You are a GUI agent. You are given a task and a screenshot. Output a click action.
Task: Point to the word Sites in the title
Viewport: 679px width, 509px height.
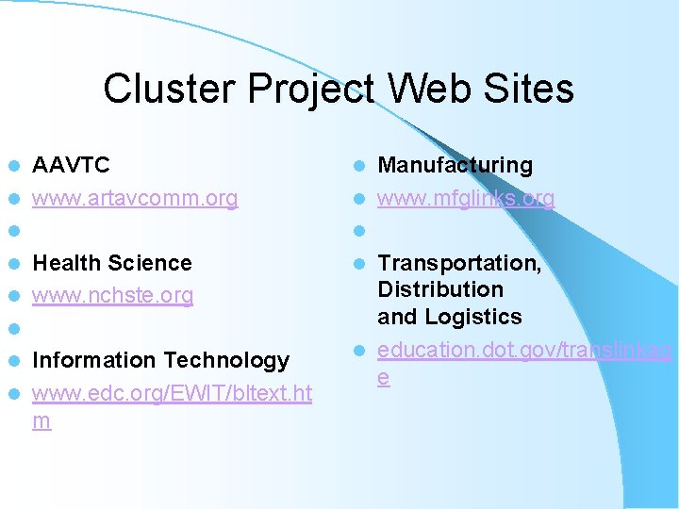pos(527,90)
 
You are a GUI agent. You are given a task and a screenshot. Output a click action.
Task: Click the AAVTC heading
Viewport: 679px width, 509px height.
pos(71,166)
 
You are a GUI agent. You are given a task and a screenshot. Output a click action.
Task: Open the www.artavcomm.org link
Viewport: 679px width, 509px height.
pos(134,199)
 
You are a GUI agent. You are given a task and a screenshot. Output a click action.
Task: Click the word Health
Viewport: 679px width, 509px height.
pos(67,263)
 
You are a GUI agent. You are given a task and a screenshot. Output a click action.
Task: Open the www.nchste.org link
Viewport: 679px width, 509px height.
pos(112,296)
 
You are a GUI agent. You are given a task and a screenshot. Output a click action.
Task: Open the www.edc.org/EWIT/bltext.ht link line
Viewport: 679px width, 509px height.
pos(172,393)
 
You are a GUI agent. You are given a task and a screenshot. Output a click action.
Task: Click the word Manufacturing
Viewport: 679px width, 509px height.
pos(455,166)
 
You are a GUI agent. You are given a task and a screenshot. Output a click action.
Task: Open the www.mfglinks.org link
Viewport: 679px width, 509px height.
pos(466,199)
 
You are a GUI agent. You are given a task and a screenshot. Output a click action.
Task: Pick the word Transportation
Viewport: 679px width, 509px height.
pos(459,263)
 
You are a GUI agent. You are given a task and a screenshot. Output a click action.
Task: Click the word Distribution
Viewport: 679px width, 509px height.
pos(440,289)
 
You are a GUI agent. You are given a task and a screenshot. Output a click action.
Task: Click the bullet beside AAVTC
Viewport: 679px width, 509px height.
pos(12,167)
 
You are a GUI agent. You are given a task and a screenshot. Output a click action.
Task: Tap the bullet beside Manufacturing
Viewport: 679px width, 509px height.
pos(358,167)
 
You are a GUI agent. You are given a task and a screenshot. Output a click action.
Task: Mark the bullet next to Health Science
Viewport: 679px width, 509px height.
pos(12,264)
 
